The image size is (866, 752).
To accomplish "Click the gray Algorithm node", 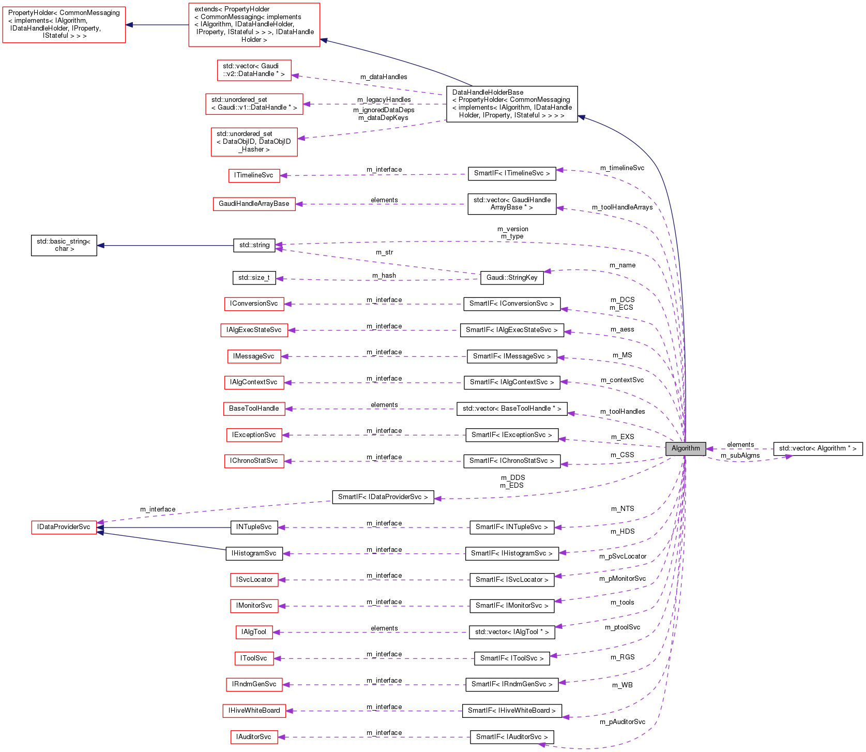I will tap(686, 448).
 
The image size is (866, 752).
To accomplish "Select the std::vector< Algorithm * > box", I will tap(817, 448).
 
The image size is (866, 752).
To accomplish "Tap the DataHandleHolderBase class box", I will tap(512, 104).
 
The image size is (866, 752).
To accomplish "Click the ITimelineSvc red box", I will tap(254, 175).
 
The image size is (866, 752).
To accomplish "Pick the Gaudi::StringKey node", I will tap(512, 278).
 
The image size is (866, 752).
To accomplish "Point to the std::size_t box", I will tap(254, 278).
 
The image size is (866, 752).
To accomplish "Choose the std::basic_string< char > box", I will tap(64, 245).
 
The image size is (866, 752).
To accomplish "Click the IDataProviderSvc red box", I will tap(64, 527).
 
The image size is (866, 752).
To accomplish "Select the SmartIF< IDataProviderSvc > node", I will tap(383, 497).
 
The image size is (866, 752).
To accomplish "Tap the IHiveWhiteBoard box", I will tap(254, 711).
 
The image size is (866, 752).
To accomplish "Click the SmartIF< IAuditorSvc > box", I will tap(511, 737).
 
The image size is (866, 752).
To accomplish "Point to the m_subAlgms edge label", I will tap(740, 456).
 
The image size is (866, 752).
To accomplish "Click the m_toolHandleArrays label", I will tap(622, 207).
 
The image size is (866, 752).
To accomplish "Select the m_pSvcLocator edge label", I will tap(622, 557).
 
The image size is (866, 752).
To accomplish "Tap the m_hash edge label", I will tap(384, 276).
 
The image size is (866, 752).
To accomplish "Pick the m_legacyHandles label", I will tap(384, 100).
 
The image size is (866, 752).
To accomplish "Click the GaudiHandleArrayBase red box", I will tap(254, 204).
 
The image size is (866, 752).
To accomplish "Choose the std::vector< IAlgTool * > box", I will tap(511, 632).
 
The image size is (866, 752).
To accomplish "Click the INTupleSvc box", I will tap(254, 527).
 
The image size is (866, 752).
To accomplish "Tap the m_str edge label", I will tap(384, 252).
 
